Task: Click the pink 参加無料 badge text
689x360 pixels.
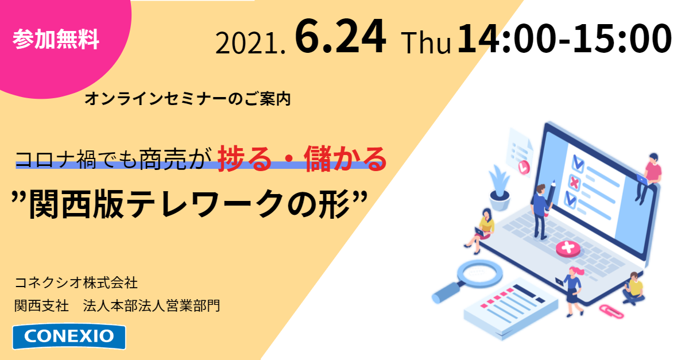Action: click(56, 39)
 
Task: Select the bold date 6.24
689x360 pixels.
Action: click(340, 37)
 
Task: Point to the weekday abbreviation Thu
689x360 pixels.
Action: click(426, 44)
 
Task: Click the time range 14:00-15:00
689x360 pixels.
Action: click(564, 38)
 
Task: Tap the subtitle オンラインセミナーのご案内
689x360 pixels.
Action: click(187, 99)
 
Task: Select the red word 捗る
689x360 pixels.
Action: click(245, 159)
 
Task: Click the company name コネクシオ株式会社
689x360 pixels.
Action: click(76, 282)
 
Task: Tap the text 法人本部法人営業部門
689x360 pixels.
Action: click(152, 305)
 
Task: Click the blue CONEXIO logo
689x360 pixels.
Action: click(69, 336)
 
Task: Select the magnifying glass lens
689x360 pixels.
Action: click(479, 273)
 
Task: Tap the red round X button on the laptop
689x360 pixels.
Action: click(568, 248)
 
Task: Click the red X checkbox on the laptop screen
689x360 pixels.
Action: click(574, 183)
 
